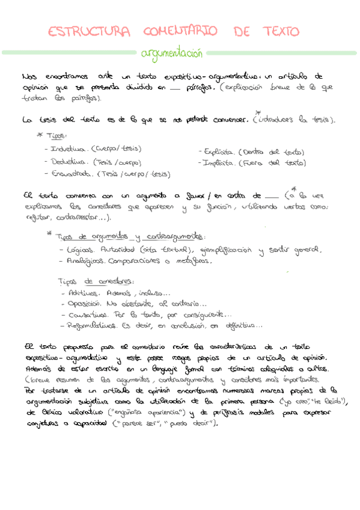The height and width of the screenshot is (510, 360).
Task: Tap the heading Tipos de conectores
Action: tap(96, 281)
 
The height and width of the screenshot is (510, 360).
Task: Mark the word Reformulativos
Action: tap(92, 326)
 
